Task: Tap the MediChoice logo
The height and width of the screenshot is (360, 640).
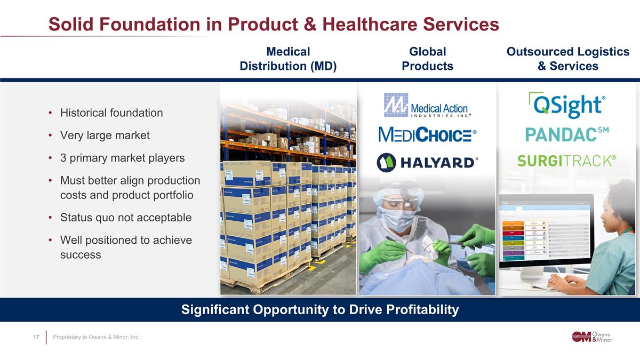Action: [x=427, y=134]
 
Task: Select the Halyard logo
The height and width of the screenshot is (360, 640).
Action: [x=427, y=163]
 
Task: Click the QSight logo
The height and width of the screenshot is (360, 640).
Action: [x=567, y=106]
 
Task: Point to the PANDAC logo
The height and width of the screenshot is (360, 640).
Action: [x=567, y=134]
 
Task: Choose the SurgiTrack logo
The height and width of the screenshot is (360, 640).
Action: [x=567, y=160]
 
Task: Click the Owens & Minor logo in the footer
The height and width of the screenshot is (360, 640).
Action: [x=592, y=336]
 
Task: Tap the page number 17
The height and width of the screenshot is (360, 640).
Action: [x=36, y=337]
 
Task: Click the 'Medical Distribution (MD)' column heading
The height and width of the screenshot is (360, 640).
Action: [x=288, y=59]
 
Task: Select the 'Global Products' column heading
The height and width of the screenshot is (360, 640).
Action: [x=427, y=59]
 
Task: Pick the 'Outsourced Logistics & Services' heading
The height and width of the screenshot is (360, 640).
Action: [x=568, y=59]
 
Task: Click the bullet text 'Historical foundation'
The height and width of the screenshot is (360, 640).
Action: [x=111, y=113]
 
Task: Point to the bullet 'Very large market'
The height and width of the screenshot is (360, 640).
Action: [x=105, y=135]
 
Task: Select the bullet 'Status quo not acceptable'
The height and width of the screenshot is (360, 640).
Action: [x=125, y=218]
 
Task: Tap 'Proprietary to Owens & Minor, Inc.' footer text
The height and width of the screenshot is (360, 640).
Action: [x=96, y=337]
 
